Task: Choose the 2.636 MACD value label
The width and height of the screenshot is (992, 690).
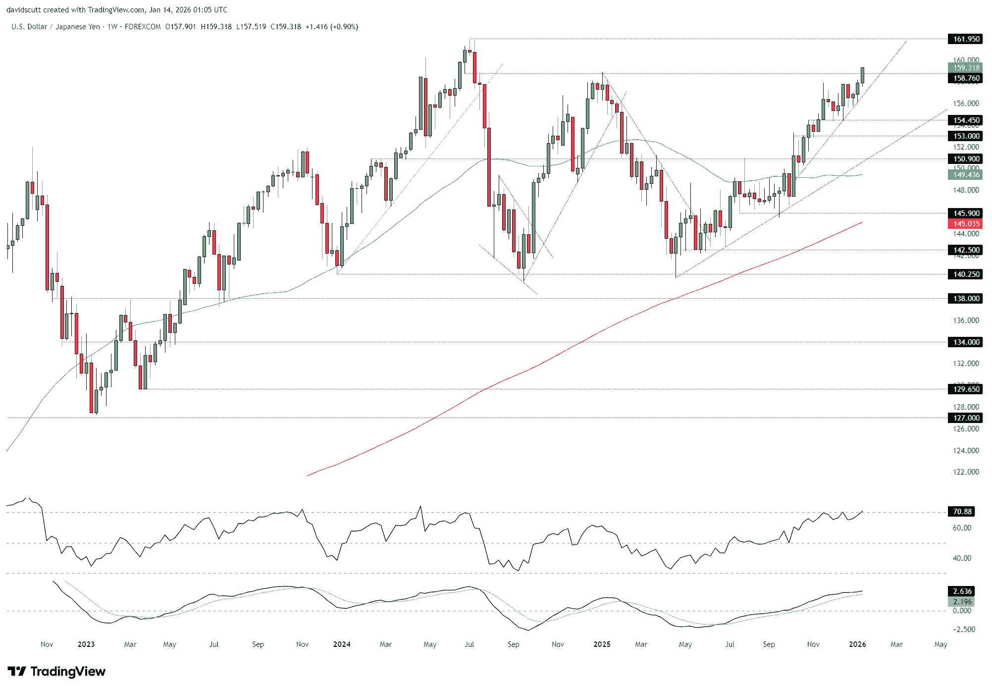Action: (962, 591)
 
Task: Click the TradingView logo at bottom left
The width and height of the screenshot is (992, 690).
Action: (56, 672)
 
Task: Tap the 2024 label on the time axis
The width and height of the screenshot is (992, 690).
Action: (342, 644)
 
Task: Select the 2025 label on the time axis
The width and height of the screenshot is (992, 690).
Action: (602, 644)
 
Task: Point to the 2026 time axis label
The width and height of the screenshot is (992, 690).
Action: (857, 644)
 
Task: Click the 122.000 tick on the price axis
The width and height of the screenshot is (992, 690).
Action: (966, 472)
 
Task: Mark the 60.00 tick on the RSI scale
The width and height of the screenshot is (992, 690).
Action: (962, 528)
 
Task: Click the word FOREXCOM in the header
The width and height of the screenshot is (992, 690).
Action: (143, 27)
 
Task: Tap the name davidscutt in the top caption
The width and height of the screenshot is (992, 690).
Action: (23, 10)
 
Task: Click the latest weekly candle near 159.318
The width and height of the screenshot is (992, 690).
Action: (863, 75)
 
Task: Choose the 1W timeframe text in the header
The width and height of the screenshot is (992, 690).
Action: (112, 27)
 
